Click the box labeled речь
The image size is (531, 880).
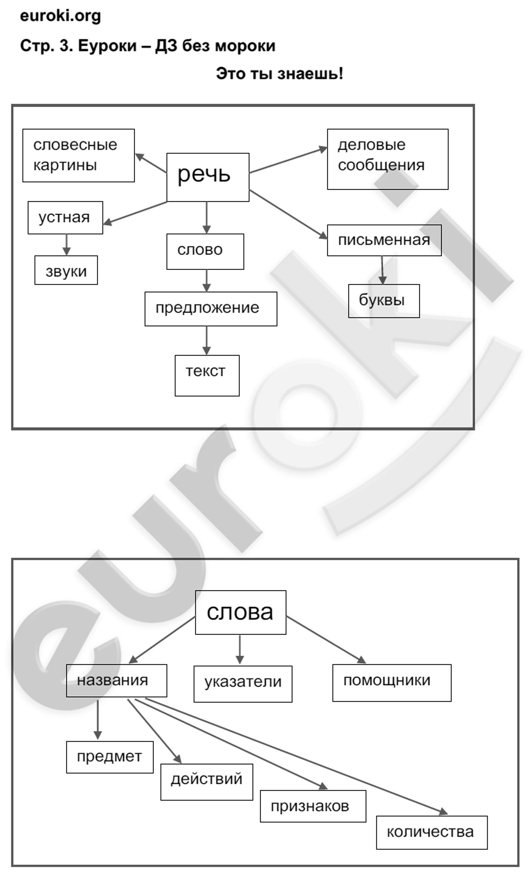pyautogui.click(x=208, y=177)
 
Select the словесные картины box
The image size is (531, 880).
pyautogui.click(x=78, y=155)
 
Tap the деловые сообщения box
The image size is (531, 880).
pyautogui.click(x=388, y=159)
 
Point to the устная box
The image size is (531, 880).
pyautogui.click(x=65, y=218)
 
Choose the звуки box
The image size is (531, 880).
pyautogui.click(x=66, y=270)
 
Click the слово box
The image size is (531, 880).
pyautogui.click(x=205, y=251)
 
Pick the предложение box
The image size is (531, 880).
pyautogui.click(x=211, y=309)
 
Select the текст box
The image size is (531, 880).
pyautogui.click(x=207, y=376)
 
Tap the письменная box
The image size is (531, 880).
pyautogui.click(x=384, y=240)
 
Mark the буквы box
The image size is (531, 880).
pyautogui.click(x=384, y=301)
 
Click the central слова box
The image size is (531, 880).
pyautogui.click(x=241, y=612)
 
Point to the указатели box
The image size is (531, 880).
pyautogui.click(x=243, y=684)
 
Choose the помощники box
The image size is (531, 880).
pyautogui.click(x=392, y=683)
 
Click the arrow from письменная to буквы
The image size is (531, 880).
pyautogui.click(x=382, y=270)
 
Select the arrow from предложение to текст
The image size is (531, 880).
pyautogui.click(x=206, y=340)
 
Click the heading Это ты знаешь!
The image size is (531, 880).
pyautogui.click(x=279, y=74)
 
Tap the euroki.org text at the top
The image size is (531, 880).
pyautogui.click(x=60, y=16)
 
